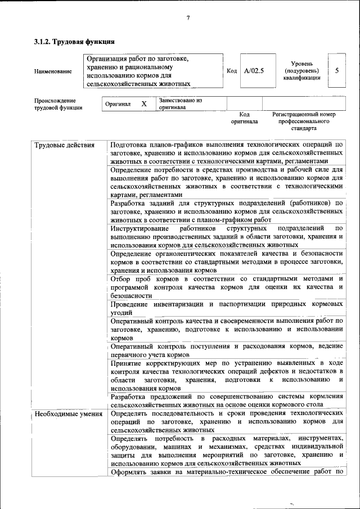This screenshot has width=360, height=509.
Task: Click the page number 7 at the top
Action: [x=188, y=19]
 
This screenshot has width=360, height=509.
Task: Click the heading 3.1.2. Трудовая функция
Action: [x=74, y=41]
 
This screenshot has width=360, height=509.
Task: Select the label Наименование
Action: [x=53, y=71]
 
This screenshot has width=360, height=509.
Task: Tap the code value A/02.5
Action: [x=254, y=71]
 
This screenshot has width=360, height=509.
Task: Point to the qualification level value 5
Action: [x=336, y=71]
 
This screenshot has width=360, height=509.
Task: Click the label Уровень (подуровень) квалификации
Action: [x=306, y=71]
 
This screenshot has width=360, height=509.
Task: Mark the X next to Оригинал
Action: [x=143, y=104]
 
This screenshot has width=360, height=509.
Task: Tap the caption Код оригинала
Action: [x=244, y=118]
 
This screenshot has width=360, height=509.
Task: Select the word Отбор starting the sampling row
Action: [x=121, y=279]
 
